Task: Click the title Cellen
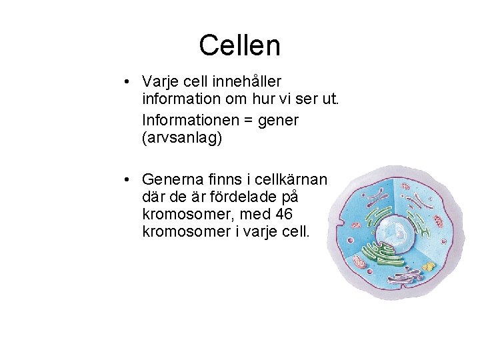(x=239, y=45)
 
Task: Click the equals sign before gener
(x=253, y=121)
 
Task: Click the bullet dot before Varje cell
(x=126, y=82)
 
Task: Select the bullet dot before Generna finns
(x=126, y=181)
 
